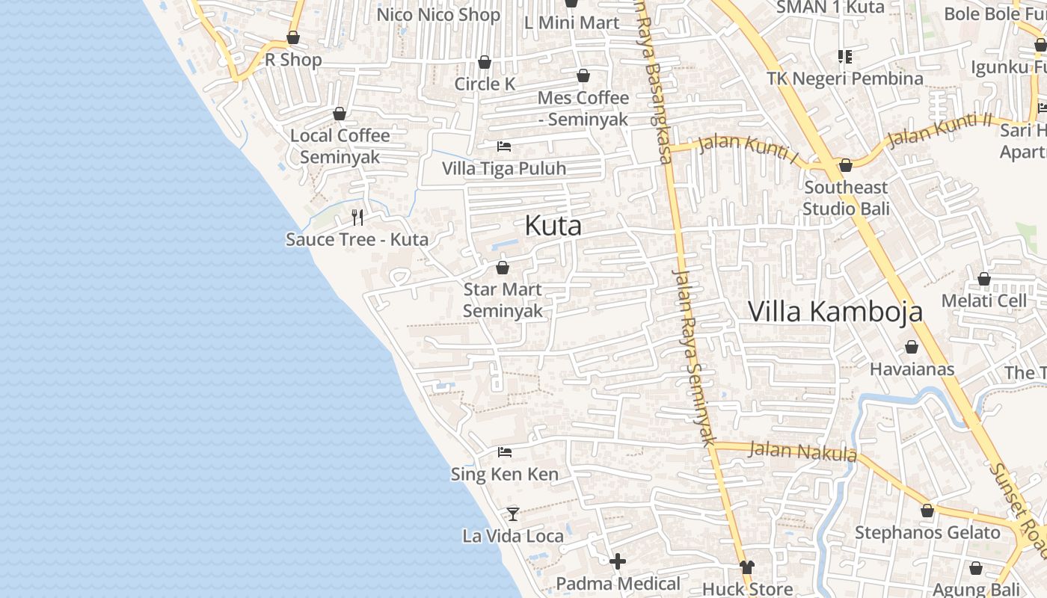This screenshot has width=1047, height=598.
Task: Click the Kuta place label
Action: pyautogui.click(x=553, y=225)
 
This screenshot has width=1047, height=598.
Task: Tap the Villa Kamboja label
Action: pyautogui.click(x=835, y=311)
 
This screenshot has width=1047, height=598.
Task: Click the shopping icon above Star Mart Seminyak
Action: pyautogui.click(x=503, y=268)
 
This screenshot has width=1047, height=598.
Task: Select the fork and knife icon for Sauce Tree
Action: pyautogui.click(x=357, y=218)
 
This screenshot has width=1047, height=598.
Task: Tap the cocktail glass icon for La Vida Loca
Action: pyautogui.click(x=513, y=514)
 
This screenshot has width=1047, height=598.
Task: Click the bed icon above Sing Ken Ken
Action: pyautogui.click(x=505, y=452)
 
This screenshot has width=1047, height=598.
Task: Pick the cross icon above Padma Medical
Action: pyautogui.click(x=618, y=561)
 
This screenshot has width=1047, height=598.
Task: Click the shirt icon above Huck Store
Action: pyautogui.click(x=746, y=567)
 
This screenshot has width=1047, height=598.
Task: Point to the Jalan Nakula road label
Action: pyautogui.click(x=802, y=451)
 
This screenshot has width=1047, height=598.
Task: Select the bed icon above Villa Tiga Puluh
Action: pyautogui.click(x=504, y=146)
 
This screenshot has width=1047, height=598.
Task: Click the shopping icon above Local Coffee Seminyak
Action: pyautogui.click(x=340, y=114)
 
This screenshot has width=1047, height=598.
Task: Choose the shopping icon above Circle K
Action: pyautogui.click(x=485, y=62)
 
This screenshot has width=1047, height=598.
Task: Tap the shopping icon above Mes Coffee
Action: pyautogui.click(x=583, y=75)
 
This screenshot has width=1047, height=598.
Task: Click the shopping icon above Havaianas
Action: pyautogui.click(x=912, y=347)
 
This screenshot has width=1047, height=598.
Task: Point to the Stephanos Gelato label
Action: pyautogui.click(x=927, y=533)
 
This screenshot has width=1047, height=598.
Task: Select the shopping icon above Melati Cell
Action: pyautogui.click(x=984, y=279)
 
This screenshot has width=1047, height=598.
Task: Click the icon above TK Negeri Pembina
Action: pyautogui.click(x=845, y=56)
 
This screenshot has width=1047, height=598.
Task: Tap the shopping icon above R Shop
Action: pyautogui.click(x=293, y=37)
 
